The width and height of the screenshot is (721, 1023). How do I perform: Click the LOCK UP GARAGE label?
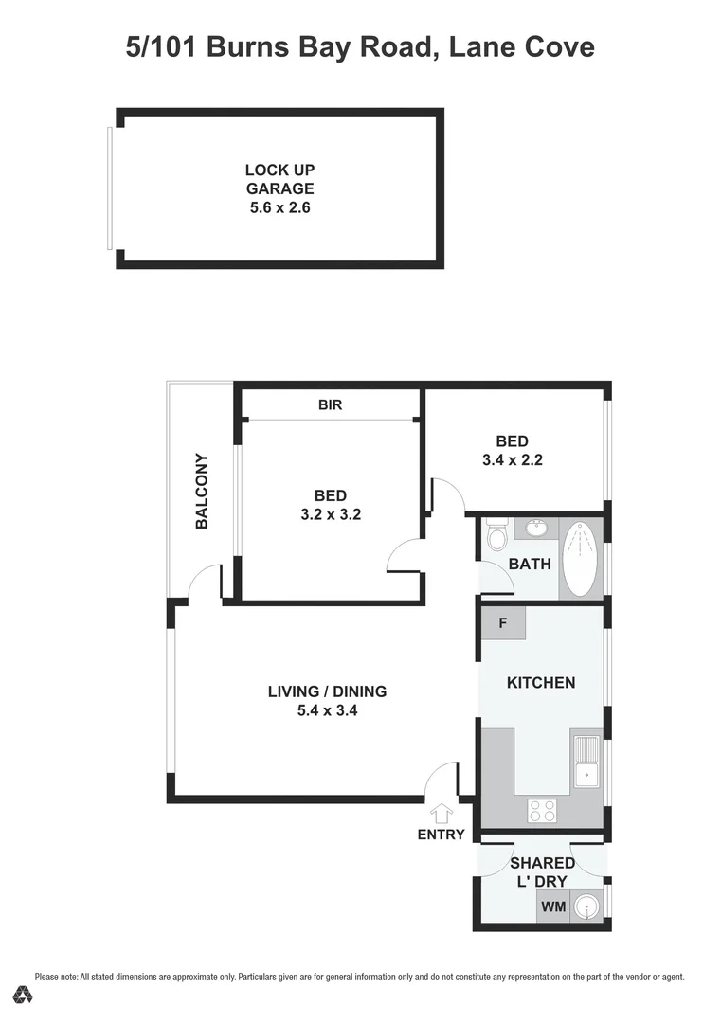(x=279, y=179)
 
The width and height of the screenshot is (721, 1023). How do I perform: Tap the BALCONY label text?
(x=202, y=491)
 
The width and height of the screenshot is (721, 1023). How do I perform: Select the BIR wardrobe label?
(x=330, y=404)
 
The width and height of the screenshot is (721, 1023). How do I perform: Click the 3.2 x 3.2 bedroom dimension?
(x=330, y=516)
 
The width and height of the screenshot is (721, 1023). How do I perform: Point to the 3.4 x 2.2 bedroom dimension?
(x=512, y=461)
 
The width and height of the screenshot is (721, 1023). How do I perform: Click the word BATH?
(x=530, y=565)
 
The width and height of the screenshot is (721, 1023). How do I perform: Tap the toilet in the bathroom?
(x=496, y=539)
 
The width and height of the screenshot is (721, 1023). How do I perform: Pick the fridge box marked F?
(x=502, y=623)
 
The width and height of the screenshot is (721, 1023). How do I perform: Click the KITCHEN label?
(x=541, y=682)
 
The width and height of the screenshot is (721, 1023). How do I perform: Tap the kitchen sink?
(x=586, y=763)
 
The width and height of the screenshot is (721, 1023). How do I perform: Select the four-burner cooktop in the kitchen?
(x=542, y=811)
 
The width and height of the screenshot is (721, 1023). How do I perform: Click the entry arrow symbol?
(x=442, y=814)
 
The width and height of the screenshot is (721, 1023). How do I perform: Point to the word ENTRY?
(x=442, y=835)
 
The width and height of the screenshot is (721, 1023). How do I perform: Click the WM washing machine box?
(x=552, y=906)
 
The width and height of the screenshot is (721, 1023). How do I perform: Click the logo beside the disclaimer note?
(x=23, y=994)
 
